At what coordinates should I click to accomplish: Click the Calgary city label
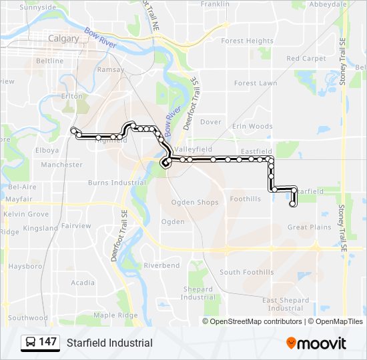pyautogui.click(x=63, y=39)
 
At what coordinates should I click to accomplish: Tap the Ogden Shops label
pyautogui.click(x=195, y=203)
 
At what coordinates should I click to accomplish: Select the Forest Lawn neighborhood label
pyautogui.click(x=255, y=83)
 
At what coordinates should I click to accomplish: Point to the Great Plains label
pyautogui.click(x=309, y=227)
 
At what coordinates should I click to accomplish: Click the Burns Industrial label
pyautogui.click(x=117, y=183)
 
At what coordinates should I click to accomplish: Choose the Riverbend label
pyautogui.click(x=161, y=265)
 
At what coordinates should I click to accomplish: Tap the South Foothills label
pyautogui.click(x=246, y=273)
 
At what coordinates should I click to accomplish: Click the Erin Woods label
pyautogui.click(x=252, y=126)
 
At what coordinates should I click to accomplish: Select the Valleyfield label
pyautogui.click(x=193, y=149)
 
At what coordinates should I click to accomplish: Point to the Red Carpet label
pyautogui.click(x=306, y=59)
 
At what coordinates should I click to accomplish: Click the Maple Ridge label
pyautogui.click(x=115, y=315)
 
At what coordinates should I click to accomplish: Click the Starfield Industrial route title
pyautogui.click(x=109, y=343)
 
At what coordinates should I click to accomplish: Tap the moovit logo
pyautogui.click(x=316, y=343)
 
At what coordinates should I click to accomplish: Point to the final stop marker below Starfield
pyautogui.click(x=292, y=205)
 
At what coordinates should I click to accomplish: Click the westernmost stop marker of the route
pyautogui.click(x=73, y=129)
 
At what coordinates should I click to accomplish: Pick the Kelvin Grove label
pyautogui.click(x=26, y=214)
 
